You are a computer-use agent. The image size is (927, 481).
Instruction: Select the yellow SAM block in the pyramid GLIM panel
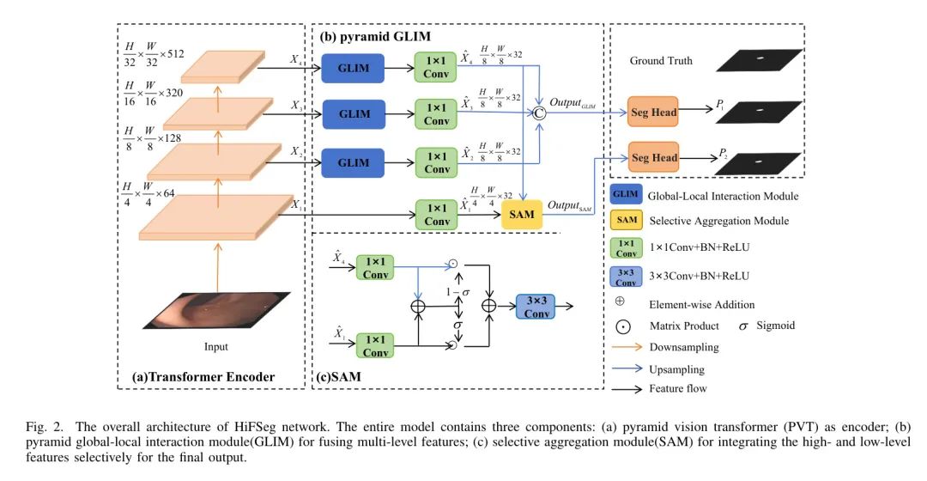pyautogui.click(x=522, y=213)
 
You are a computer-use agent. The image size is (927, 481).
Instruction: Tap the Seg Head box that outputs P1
pyautogui.click(x=654, y=112)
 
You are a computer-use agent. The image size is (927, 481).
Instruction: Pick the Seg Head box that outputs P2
pyautogui.click(x=654, y=157)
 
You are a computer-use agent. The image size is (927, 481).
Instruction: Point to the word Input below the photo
pyautogui.click(x=216, y=347)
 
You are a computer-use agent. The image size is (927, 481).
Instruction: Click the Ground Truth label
pyautogui.click(x=661, y=61)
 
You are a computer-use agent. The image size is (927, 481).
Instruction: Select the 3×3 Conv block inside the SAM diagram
pyautogui.click(x=537, y=306)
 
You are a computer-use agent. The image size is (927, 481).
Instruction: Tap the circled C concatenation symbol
pyautogui.click(x=539, y=112)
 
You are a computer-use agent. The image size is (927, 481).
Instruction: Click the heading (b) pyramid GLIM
pyautogui.click(x=375, y=37)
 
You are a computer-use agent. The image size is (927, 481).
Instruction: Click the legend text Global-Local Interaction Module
pyautogui.click(x=723, y=196)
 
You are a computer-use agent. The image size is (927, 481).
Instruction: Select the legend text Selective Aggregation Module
pyautogui.click(x=719, y=221)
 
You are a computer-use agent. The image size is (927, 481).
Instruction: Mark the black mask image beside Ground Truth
pyautogui.click(x=758, y=59)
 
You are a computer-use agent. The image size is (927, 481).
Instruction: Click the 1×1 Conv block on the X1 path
pyautogui.click(x=437, y=213)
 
